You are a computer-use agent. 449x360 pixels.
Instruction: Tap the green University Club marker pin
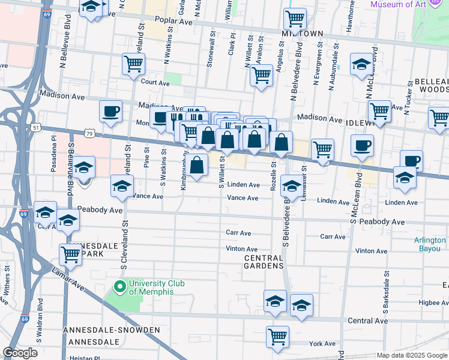(x=120, y=287)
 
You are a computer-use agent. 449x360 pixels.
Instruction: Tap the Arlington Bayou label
(x=430, y=244)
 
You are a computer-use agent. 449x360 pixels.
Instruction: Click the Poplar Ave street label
(x=176, y=22)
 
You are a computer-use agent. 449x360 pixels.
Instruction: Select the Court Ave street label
(x=152, y=83)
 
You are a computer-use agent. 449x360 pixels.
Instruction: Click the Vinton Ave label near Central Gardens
(x=242, y=249)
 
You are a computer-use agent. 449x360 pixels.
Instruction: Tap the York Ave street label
(x=323, y=344)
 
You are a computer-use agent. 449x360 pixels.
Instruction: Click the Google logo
(x=20, y=353)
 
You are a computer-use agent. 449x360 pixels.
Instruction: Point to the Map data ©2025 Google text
(x=412, y=355)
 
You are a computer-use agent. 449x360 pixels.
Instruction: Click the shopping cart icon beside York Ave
(x=277, y=337)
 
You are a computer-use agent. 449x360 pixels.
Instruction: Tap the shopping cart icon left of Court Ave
(x=133, y=64)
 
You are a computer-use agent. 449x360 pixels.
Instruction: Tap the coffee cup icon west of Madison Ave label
(x=111, y=112)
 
